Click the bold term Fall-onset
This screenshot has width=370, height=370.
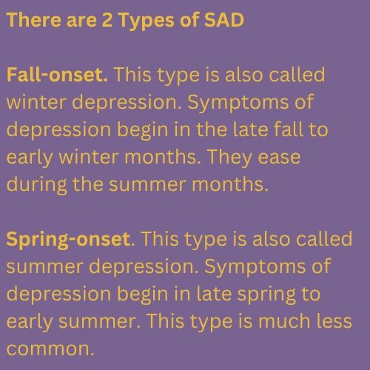(58, 75)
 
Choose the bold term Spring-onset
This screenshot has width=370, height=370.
(70, 240)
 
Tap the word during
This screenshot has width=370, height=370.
(38, 184)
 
